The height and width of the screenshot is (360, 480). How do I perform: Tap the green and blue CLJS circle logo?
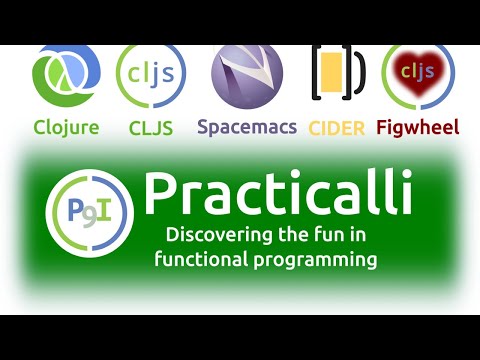150,77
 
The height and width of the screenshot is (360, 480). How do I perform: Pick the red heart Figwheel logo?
418,73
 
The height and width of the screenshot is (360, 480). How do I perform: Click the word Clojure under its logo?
66,127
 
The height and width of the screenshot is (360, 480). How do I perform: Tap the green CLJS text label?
151,127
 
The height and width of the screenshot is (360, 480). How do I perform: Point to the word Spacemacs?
246,128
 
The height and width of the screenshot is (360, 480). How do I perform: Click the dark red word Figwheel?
418,127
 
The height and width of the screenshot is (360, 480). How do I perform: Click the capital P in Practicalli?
162,192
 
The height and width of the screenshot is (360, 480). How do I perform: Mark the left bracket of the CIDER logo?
318,72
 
